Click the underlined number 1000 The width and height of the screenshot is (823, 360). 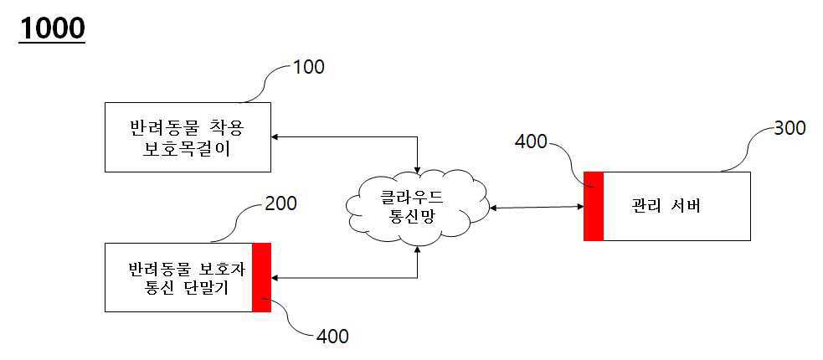[52, 28]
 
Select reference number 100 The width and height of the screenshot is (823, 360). [306, 67]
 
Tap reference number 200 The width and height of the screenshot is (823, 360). [280, 203]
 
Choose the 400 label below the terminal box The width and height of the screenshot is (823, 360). [332, 337]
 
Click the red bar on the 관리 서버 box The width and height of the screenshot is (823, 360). [594, 206]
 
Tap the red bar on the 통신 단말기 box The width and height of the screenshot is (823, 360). [261, 277]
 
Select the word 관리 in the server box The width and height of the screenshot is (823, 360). [646, 207]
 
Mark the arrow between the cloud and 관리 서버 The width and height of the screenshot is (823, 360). [536, 207]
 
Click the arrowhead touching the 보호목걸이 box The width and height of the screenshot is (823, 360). [277, 136]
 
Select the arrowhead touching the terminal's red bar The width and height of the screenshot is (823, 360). [277, 277]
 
